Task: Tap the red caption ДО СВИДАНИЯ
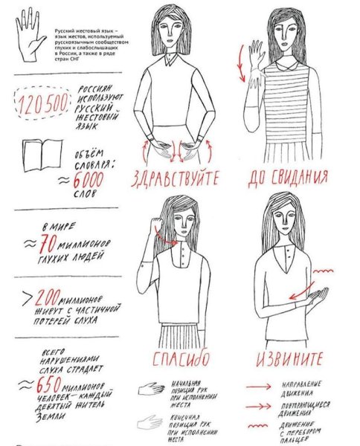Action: (288, 178)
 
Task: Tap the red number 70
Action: (46, 242)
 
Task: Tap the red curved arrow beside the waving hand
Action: (240, 64)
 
